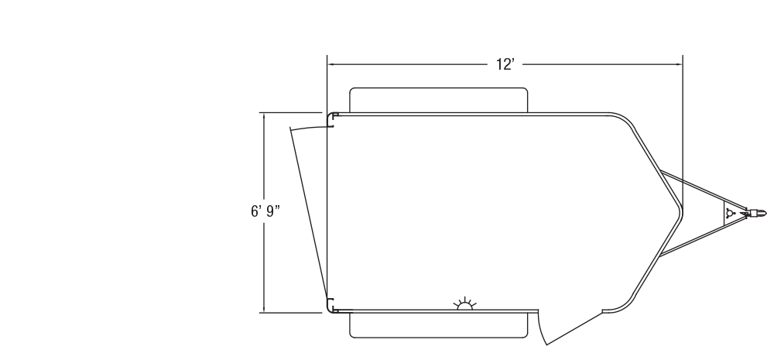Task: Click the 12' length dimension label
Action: coord(505,64)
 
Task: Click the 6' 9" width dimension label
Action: coord(265,211)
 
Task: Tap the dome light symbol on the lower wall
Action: coord(464,304)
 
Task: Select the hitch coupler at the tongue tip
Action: coord(756,214)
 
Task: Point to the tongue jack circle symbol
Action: coord(730,214)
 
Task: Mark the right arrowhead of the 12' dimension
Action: coord(680,64)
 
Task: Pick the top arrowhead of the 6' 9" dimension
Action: coord(264,116)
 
